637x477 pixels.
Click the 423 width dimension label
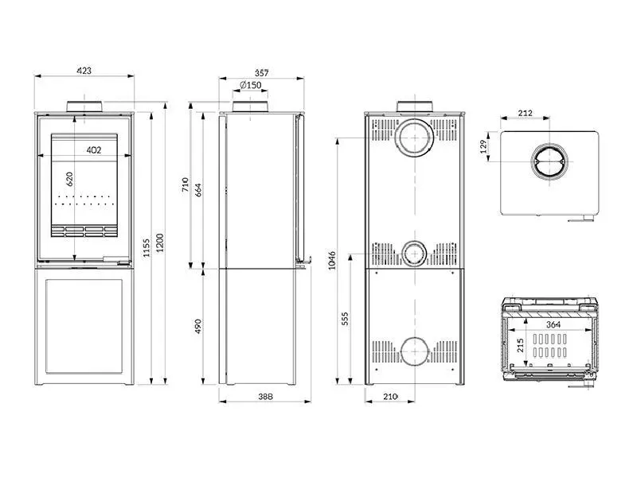click(84, 71)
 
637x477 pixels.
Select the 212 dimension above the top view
click(525, 113)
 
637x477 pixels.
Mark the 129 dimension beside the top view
click(483, 148)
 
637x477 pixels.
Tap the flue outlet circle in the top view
click(549, 163)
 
